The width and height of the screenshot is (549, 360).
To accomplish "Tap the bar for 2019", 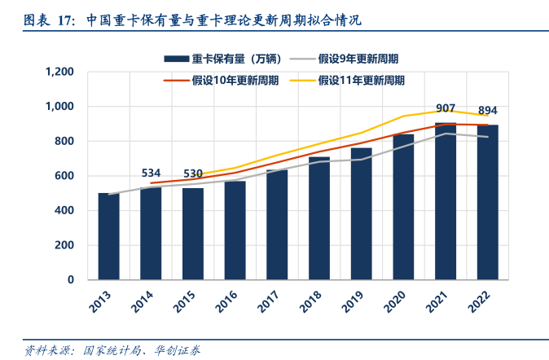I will tap(361, 213).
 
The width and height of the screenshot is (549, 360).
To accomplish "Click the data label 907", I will tap(446, 109).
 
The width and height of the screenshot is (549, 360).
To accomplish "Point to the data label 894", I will tap(488, 111).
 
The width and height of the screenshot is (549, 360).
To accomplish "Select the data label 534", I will tap(151, 173).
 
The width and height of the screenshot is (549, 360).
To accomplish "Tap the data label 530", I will tap(193, 173).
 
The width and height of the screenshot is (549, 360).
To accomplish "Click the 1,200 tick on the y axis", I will tap(60, 72).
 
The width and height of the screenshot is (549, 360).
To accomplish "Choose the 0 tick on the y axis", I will tap(71, 279).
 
